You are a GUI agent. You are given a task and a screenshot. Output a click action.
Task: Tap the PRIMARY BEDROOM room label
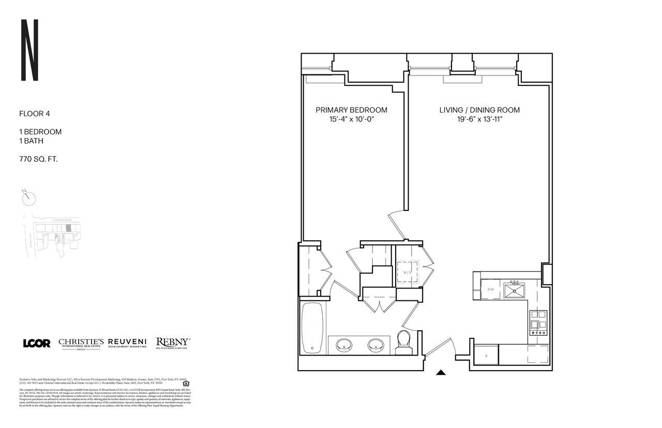coord(351,110)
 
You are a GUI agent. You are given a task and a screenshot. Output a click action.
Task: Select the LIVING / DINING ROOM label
coord(479,110)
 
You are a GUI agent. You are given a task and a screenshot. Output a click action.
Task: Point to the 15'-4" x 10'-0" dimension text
coord(351,120)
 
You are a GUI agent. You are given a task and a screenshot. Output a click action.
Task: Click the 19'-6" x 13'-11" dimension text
coord(479,120)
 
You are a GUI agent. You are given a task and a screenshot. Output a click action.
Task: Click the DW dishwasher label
coord(490,289)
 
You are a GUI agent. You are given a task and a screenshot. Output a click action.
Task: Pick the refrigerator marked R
coord(486,357)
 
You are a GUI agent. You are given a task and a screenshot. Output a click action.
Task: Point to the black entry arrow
coord(441,371)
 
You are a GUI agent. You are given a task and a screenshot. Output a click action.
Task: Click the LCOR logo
coord(37,343)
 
